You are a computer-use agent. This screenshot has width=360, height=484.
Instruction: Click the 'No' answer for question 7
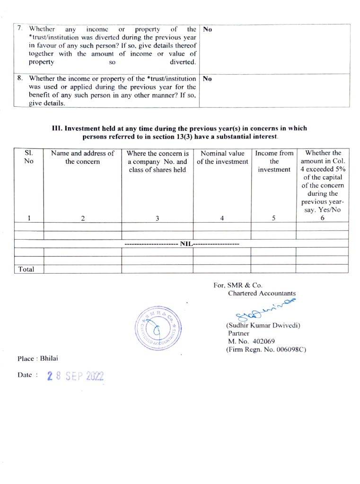(x=207, y=29)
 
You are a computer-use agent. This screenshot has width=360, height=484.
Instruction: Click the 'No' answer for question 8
(x=207, y=78)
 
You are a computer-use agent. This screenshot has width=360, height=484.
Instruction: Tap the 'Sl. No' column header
(x=29, y=157)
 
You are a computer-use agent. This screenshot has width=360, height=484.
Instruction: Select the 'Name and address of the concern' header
(x=83, y=157)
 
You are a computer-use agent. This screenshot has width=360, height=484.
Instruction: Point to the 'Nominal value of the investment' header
(x=222, y=157)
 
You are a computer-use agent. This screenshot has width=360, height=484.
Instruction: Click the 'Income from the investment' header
(x=274, y=161)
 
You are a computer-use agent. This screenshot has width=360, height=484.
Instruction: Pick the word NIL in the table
(x=185, y=244)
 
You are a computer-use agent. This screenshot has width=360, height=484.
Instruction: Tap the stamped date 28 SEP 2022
(x=75, y=376)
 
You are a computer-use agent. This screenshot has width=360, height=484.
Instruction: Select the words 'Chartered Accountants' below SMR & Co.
(x=262, y=293)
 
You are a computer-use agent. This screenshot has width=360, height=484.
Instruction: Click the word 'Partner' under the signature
(x=238, y=333)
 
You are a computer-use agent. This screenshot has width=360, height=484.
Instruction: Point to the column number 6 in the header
(x=323, y=218)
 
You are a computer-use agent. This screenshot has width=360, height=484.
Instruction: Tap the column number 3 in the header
(x=158, y=218)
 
